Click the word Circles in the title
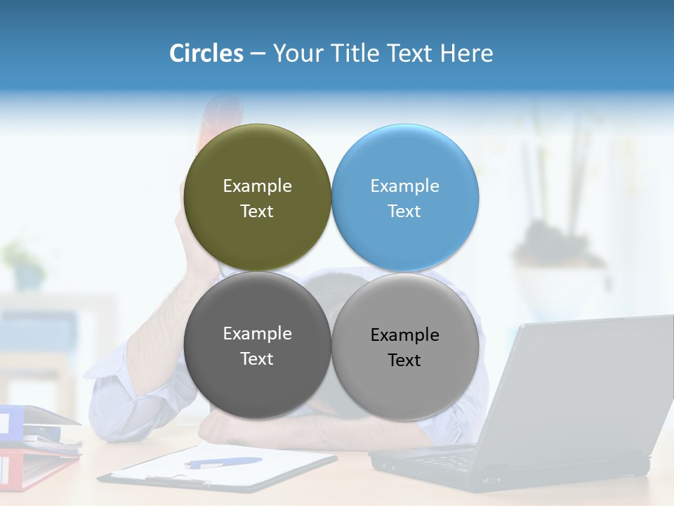coord(206,53)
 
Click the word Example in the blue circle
coord(405,186)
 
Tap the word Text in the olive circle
coord(257,212)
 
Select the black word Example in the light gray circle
coord(405,335)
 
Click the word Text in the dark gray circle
coord(257,359)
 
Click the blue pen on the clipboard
coord(223,462)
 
